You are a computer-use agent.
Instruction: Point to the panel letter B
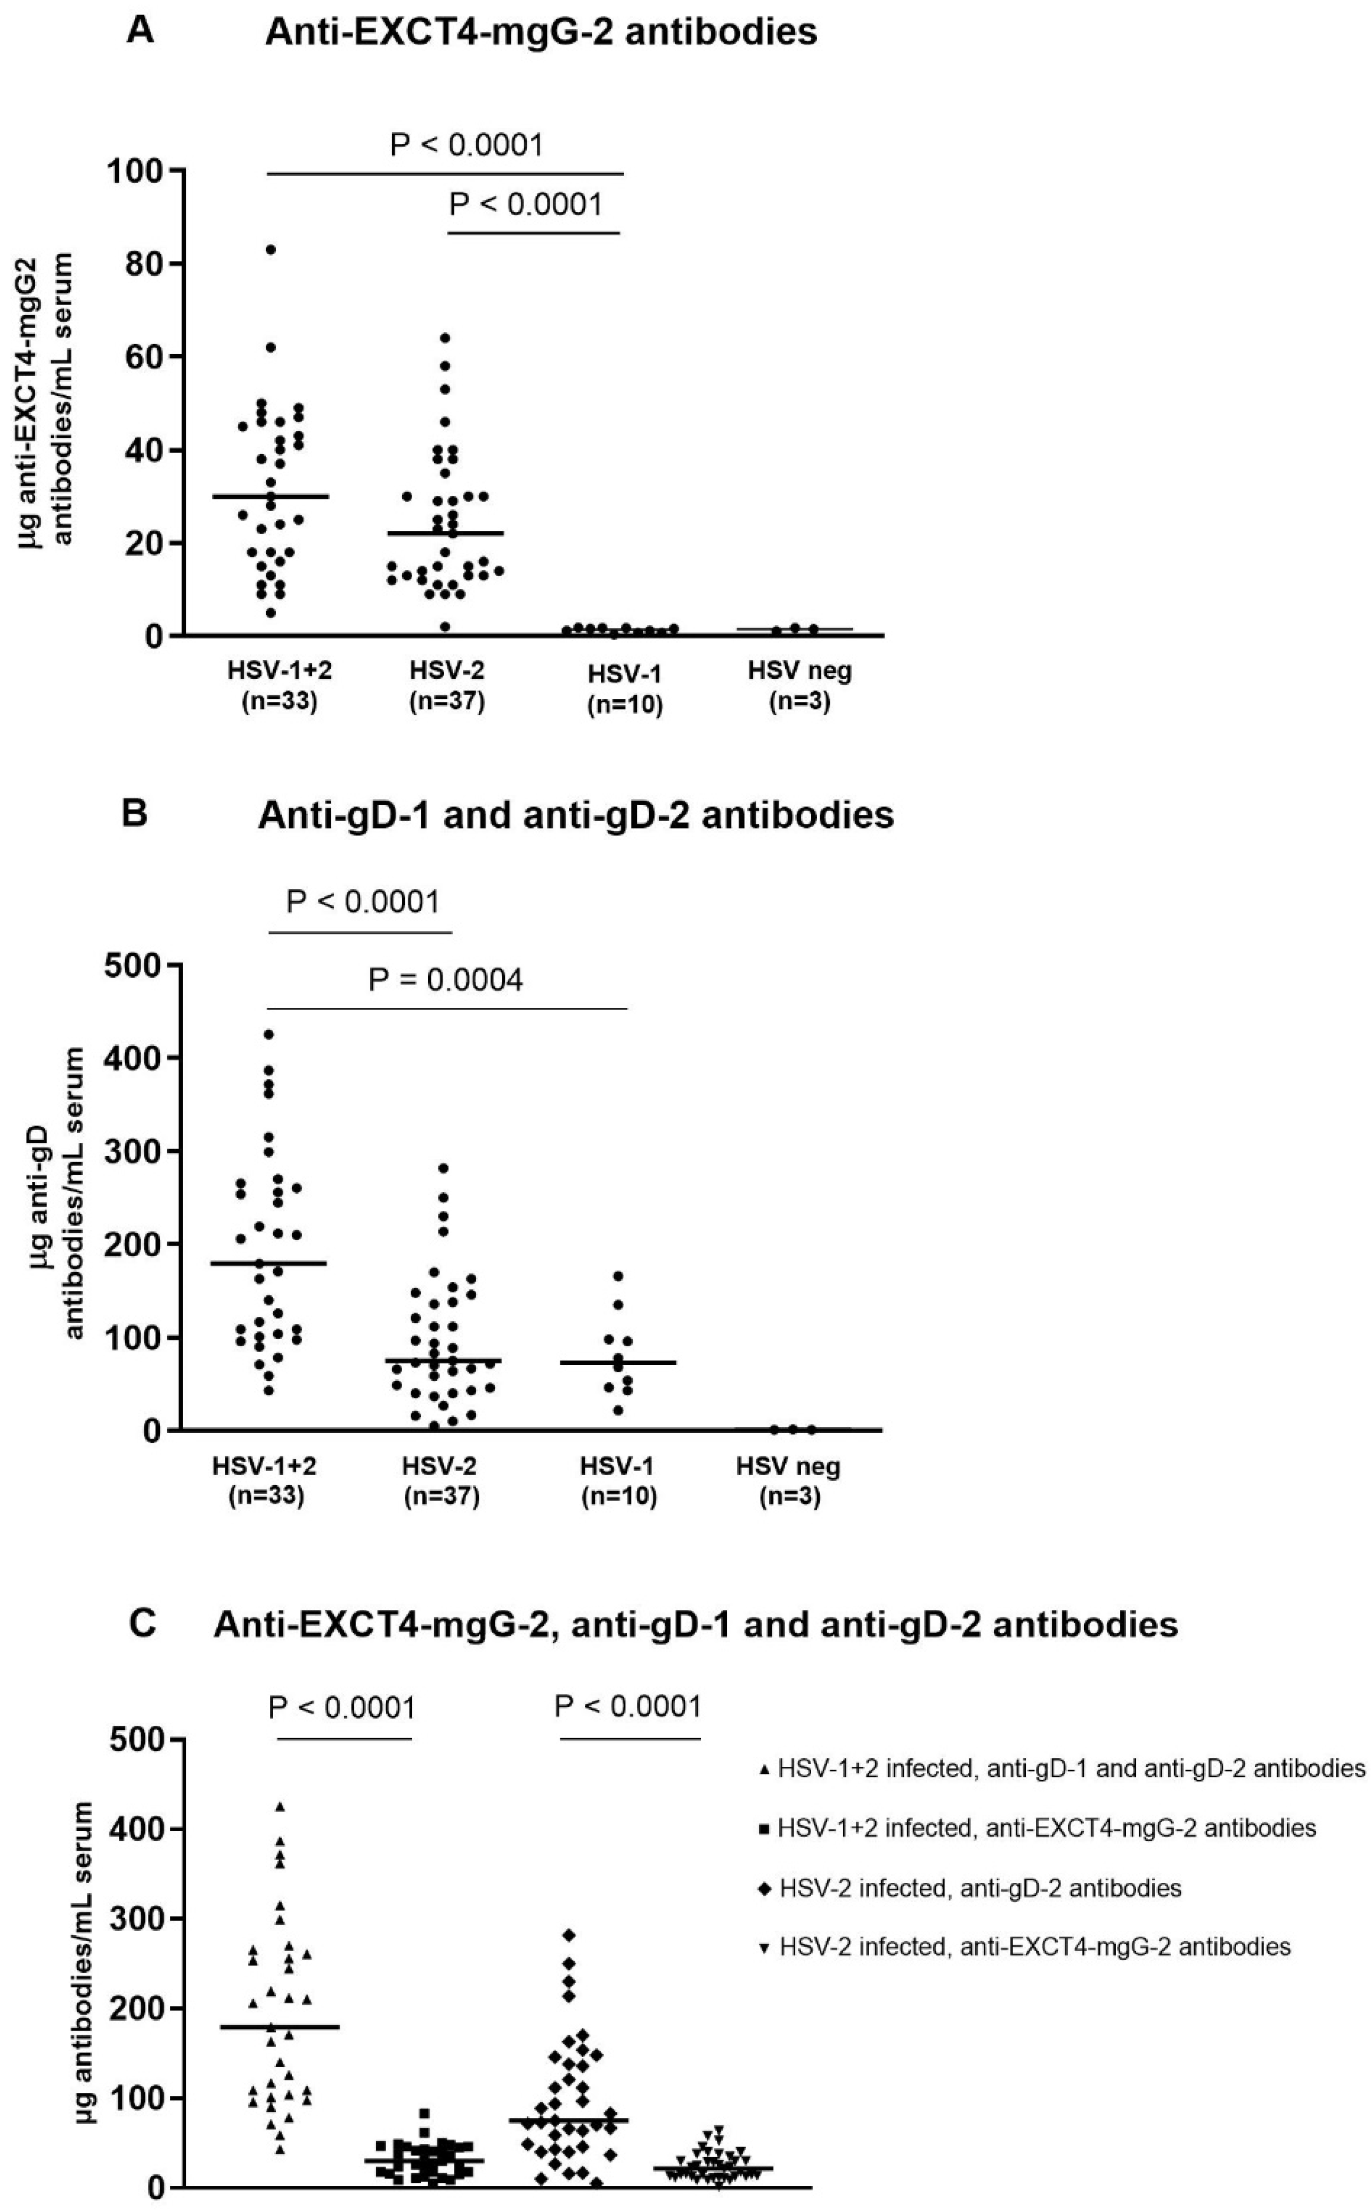[x=134, y=814]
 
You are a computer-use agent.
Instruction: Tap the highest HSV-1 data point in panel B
[x=618, y=1276]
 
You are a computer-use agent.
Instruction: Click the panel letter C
[x=142, y=1624]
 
